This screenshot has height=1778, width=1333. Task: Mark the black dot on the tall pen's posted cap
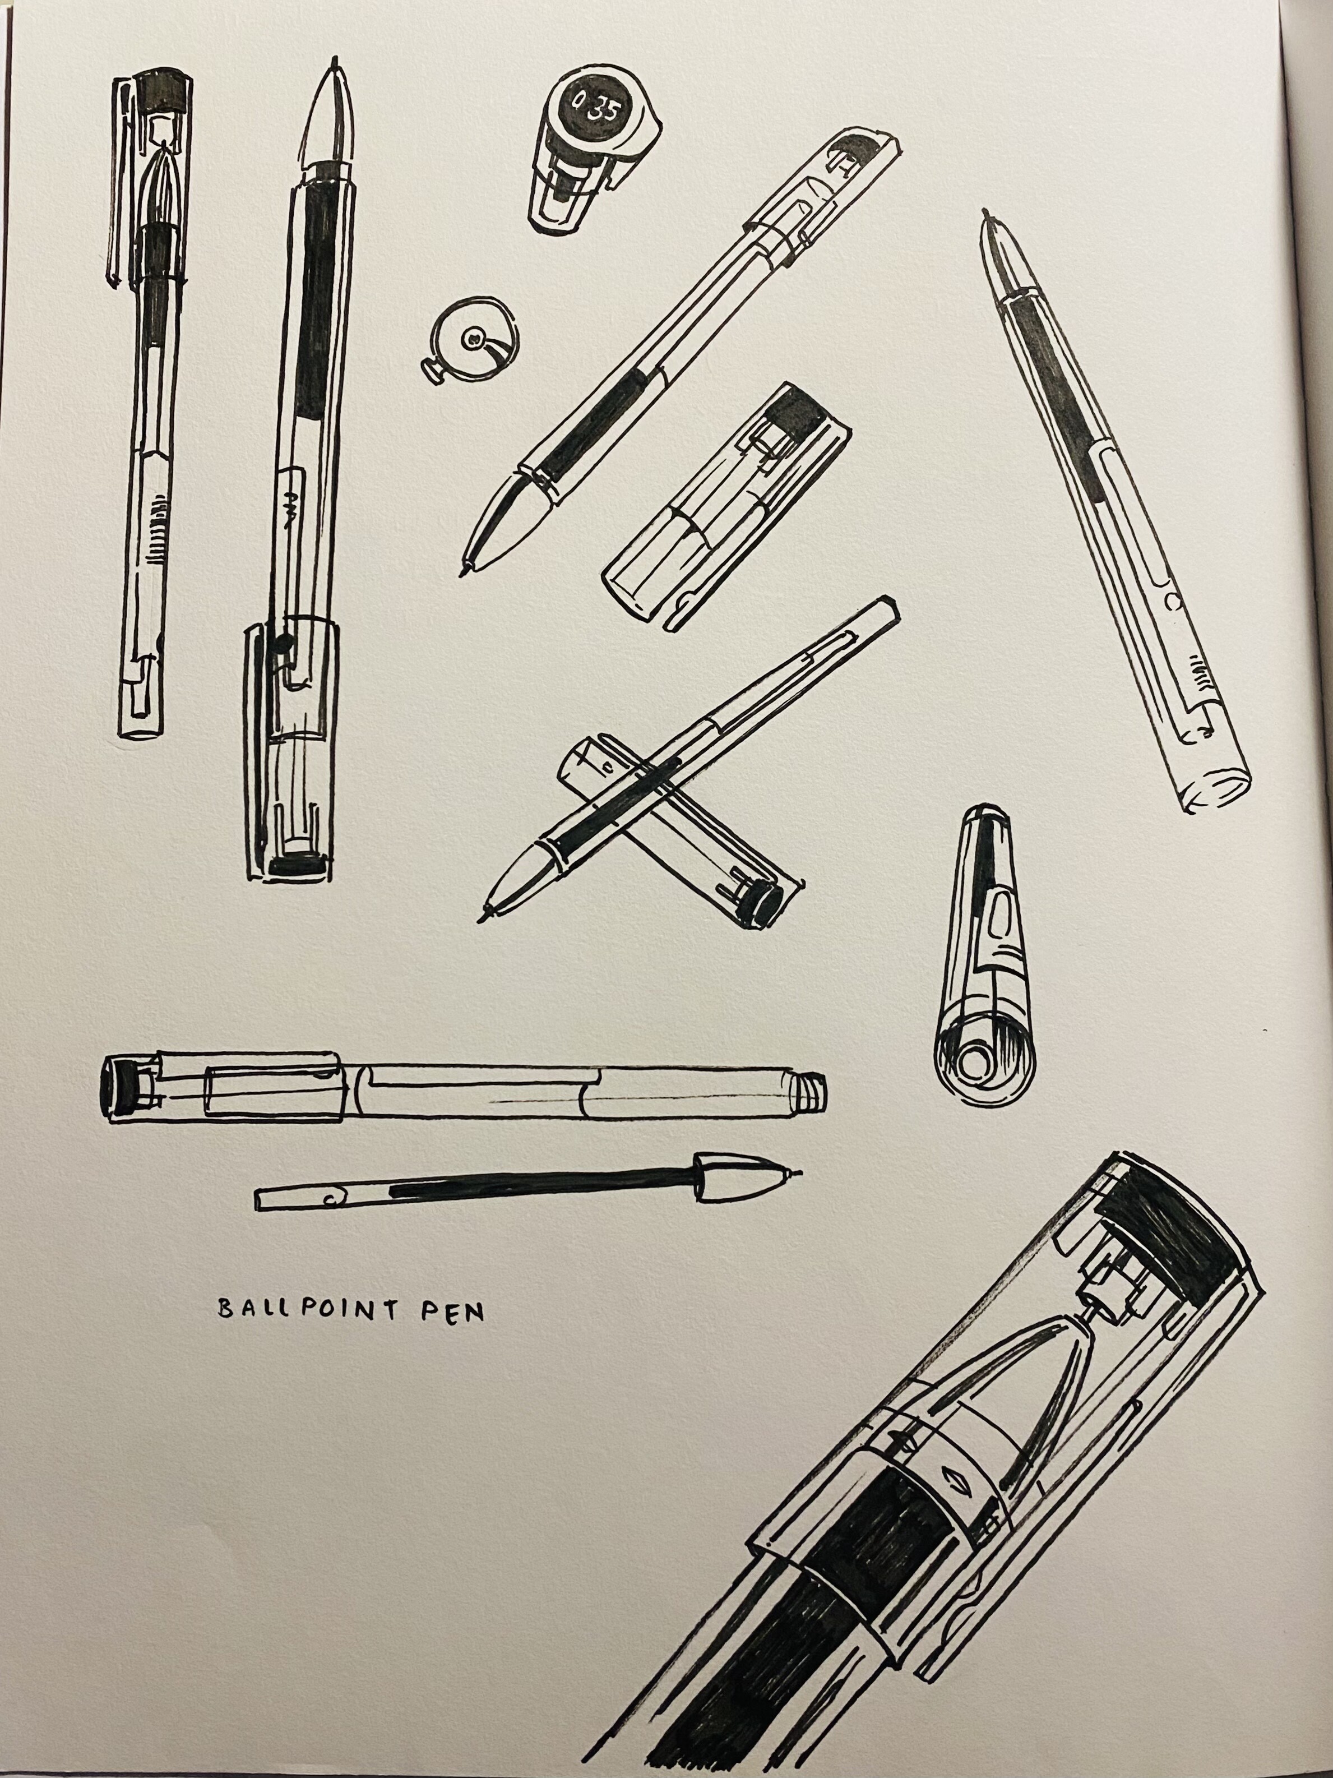pos(281,641)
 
